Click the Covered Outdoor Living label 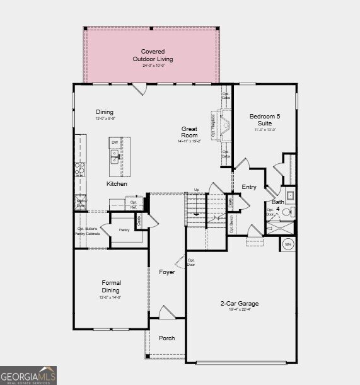tap(153, 55)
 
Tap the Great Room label tap(189, 132)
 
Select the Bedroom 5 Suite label tap(264, 119)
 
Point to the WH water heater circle tap(288, 244)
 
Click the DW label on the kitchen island tap(115, 143)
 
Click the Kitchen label tap(117, 184)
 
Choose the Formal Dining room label tap(111, 287)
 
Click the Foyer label tap(167, 272)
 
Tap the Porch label tap(167, 338)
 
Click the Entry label tap(249, 187)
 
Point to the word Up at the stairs tap(196, 190)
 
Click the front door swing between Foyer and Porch tap(166, 312)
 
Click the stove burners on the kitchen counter tap(80, 168)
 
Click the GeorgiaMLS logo tap(28, 375)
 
